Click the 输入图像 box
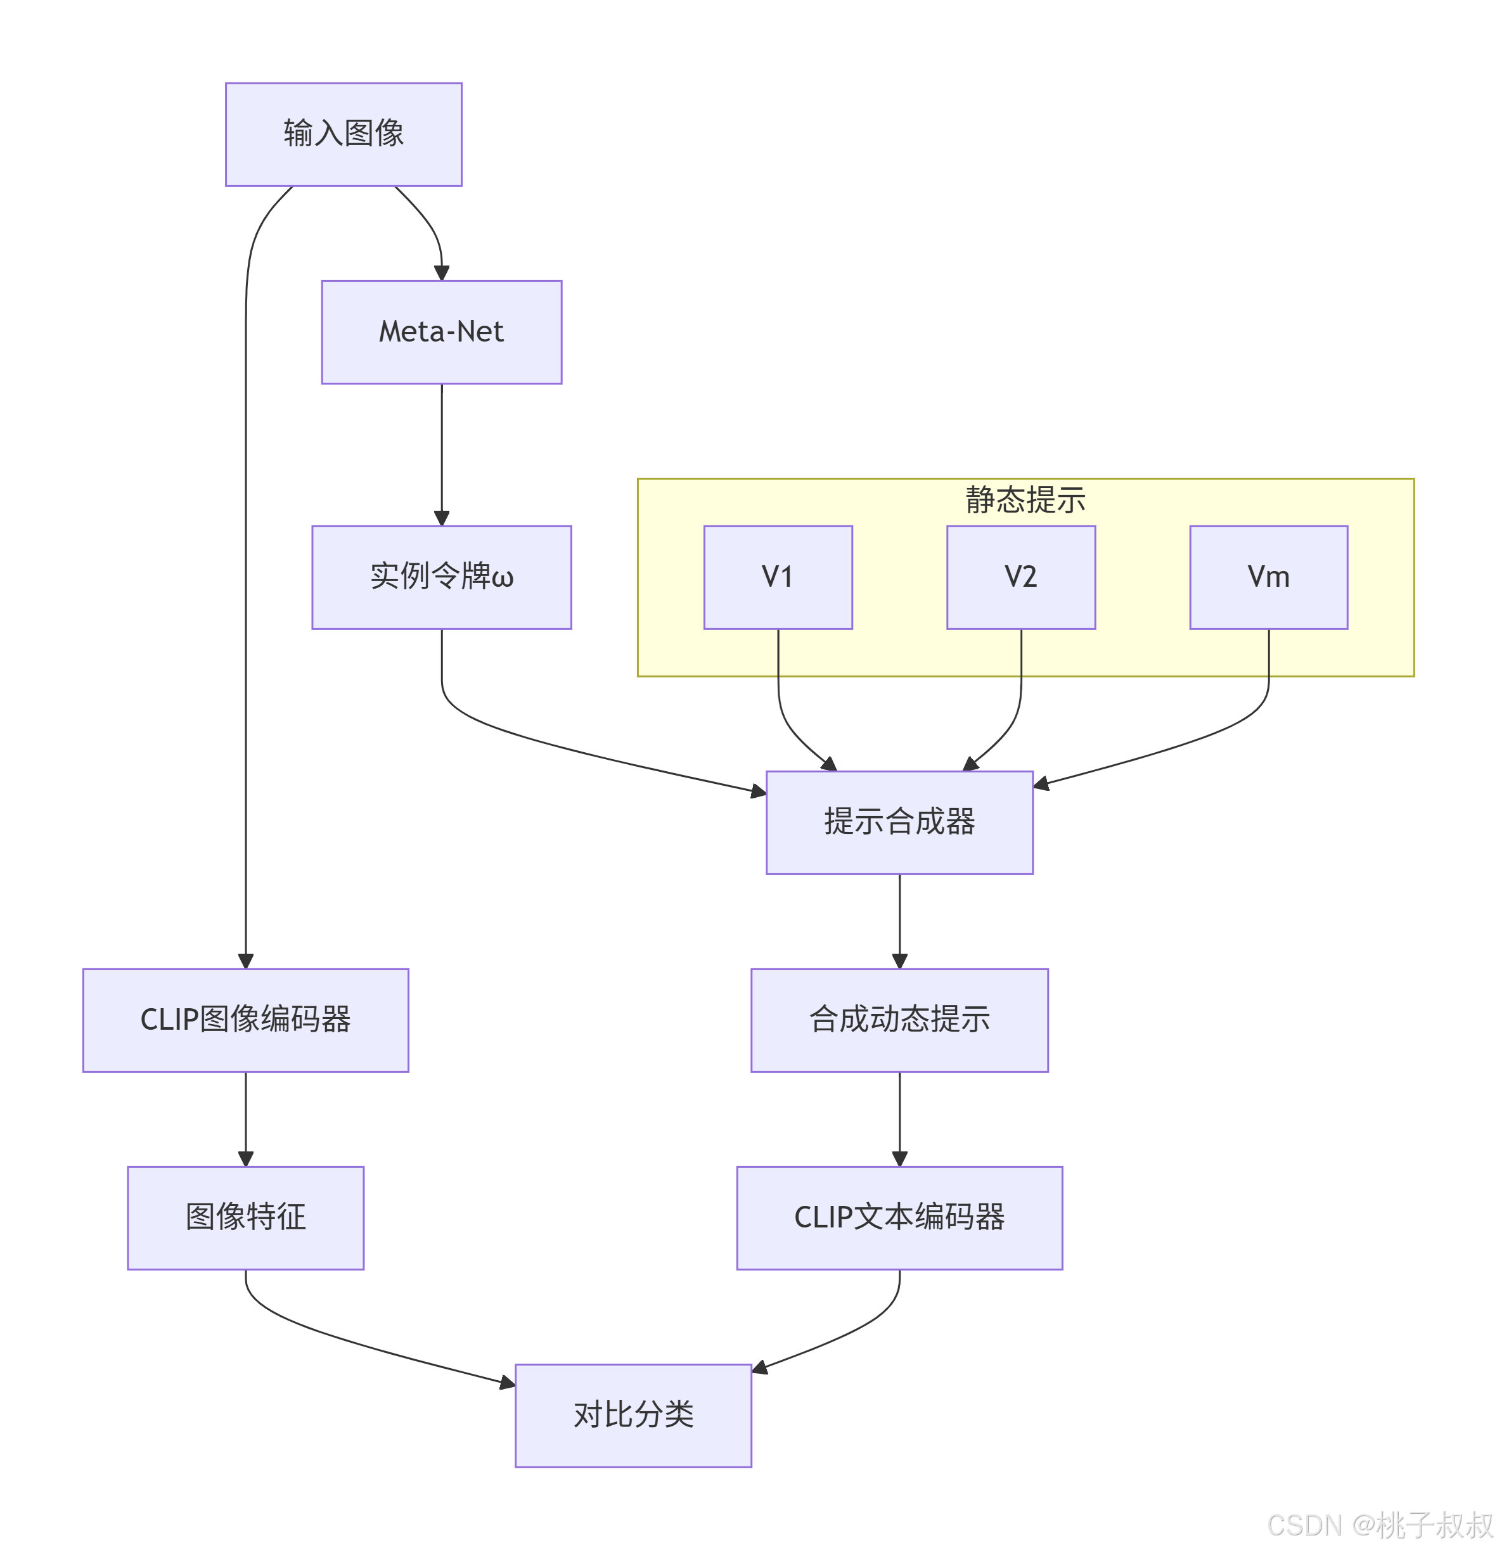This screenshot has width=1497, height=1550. click(x=344, y=134)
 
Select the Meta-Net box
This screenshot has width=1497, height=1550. click(x=441, y=332)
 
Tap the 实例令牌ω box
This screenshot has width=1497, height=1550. click(x=441, y=577)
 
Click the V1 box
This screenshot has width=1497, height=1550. click(x=778, y=577)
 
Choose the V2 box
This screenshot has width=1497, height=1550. click(x=1020, y=577)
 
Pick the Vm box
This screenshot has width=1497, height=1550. click(x=1268, y=577)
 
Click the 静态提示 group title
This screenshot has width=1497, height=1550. click(x=1025, y=500)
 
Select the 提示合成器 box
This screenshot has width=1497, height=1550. click(x=899, y=823)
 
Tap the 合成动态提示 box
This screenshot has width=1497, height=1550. click(x=899, y=1020)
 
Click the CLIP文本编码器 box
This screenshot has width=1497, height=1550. click(x=899, y=1218)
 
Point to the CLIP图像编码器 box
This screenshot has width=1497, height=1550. click(x=245, y=1020)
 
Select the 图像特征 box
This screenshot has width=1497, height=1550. click(x=245, y=1218)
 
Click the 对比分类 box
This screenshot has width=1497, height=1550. click(x=633, y=1416)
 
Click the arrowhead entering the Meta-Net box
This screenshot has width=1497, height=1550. click(x=441, y=273)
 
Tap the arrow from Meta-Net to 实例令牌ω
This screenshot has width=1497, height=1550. click(x=441, y=455)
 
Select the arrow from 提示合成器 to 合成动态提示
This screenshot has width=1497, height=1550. click(x=899, y=921)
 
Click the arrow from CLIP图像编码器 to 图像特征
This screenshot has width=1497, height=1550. click(x=245, y=1119)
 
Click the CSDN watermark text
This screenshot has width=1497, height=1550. click(x=1379, y=1525)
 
